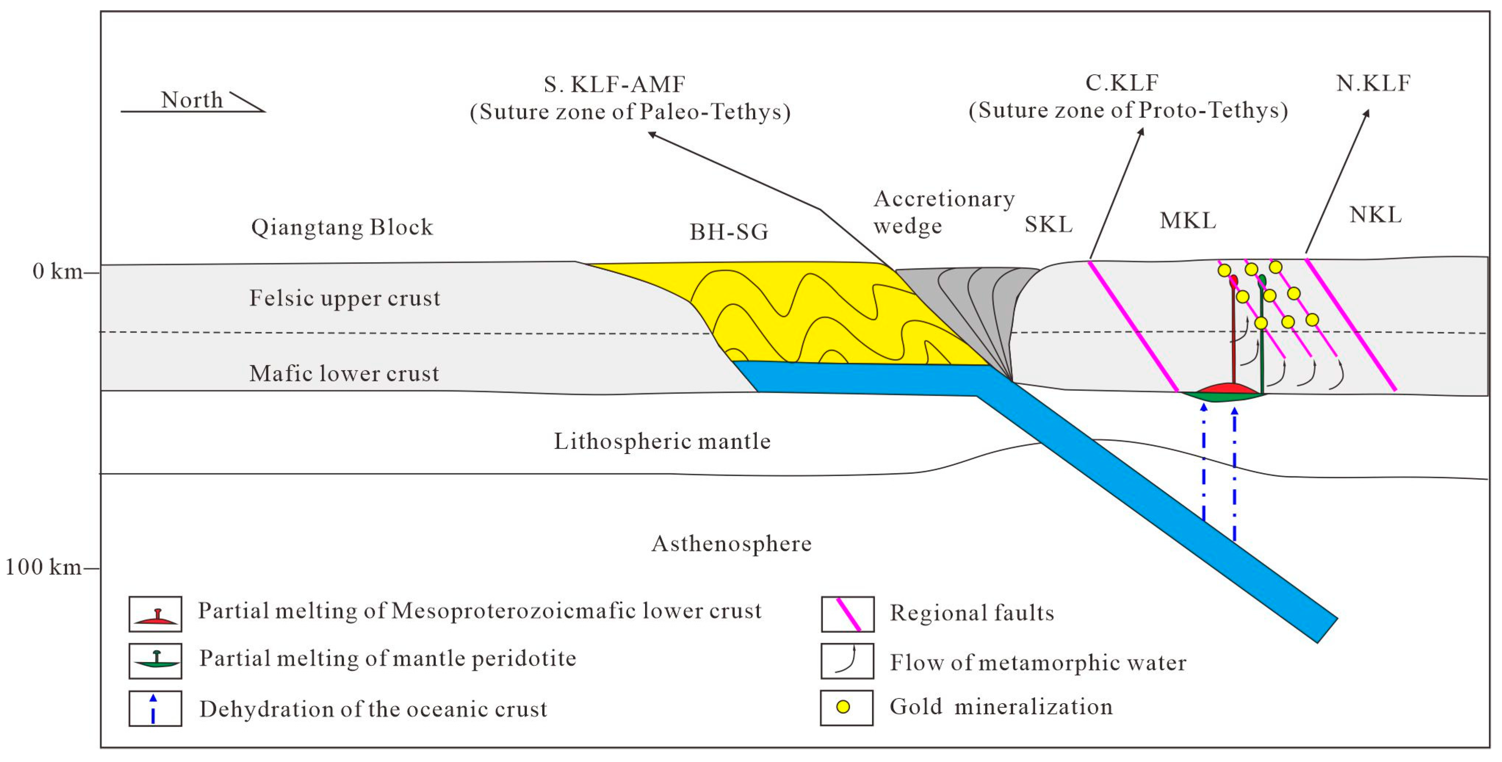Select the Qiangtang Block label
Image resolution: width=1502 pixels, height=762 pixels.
[x=342, y=227]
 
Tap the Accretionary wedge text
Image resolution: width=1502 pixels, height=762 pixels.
[x=943, y=212]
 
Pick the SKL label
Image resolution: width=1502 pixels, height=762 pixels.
[x=1048, y=225]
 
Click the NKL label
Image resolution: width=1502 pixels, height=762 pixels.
[x=1375, y=215]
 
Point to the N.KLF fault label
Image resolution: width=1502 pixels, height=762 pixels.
[x=1373, y=83]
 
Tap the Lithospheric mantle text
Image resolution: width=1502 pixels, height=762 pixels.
[x=662, y=441]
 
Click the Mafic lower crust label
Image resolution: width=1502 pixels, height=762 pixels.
[x=344, y=374]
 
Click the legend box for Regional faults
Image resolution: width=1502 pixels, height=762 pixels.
[x=847, y=614]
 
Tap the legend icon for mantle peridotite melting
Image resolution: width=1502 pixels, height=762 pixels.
[x=155, y=661]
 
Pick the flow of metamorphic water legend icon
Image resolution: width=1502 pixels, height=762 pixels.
[x=847, y=661]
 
